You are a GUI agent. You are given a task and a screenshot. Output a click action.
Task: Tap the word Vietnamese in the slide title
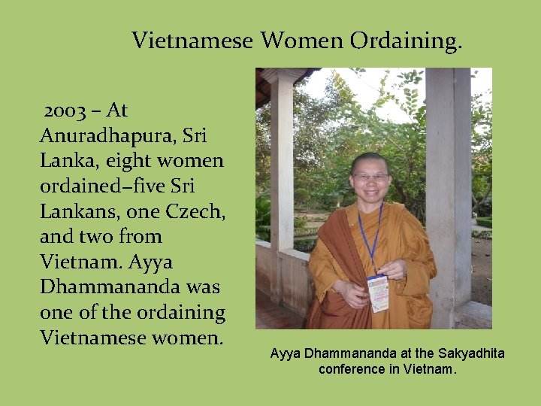192,41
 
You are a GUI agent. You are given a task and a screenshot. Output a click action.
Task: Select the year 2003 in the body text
65,111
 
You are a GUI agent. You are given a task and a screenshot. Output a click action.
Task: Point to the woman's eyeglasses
370,177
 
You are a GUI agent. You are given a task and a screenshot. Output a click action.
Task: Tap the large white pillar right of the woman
449,188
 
